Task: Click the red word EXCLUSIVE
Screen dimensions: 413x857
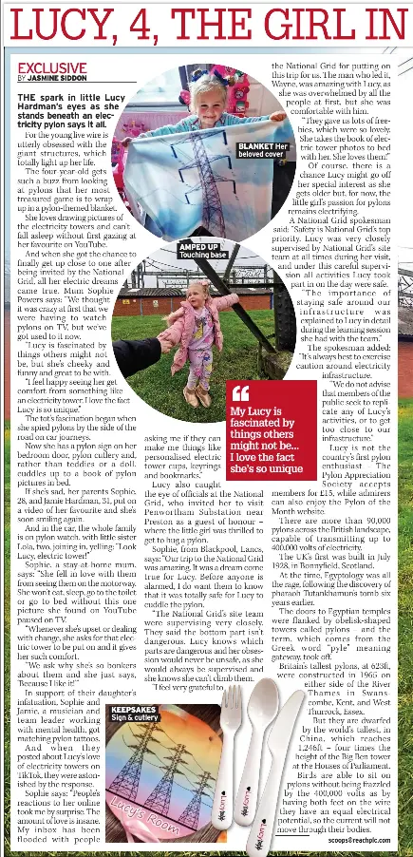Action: [x=50, y=69]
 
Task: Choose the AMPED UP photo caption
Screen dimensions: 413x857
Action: [x=203, y=251]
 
